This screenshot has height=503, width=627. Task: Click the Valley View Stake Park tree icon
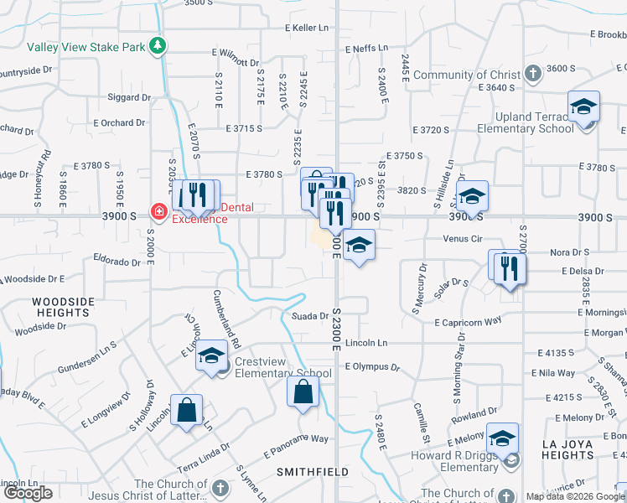(x=157, y=45)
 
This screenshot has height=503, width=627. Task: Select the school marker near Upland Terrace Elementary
(x=583, y=107)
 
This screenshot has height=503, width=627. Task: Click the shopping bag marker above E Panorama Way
(x=303, y=392)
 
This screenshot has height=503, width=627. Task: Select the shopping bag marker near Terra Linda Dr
(x=187, y=411)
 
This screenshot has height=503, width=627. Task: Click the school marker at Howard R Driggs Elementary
(x=502, y=438)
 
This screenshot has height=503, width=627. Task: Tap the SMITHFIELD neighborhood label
(x=313, y=472)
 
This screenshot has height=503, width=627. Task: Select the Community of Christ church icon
(x=531, y=75)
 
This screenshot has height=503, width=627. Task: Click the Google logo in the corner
(x=28, y=494)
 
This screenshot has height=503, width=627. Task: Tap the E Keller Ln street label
(x=307, y=28)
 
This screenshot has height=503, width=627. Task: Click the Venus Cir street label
(x=463, y=239)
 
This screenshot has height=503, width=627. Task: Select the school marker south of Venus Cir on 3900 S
(x=359, y=246)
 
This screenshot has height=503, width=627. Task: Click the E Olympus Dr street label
(x=370, y=367)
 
